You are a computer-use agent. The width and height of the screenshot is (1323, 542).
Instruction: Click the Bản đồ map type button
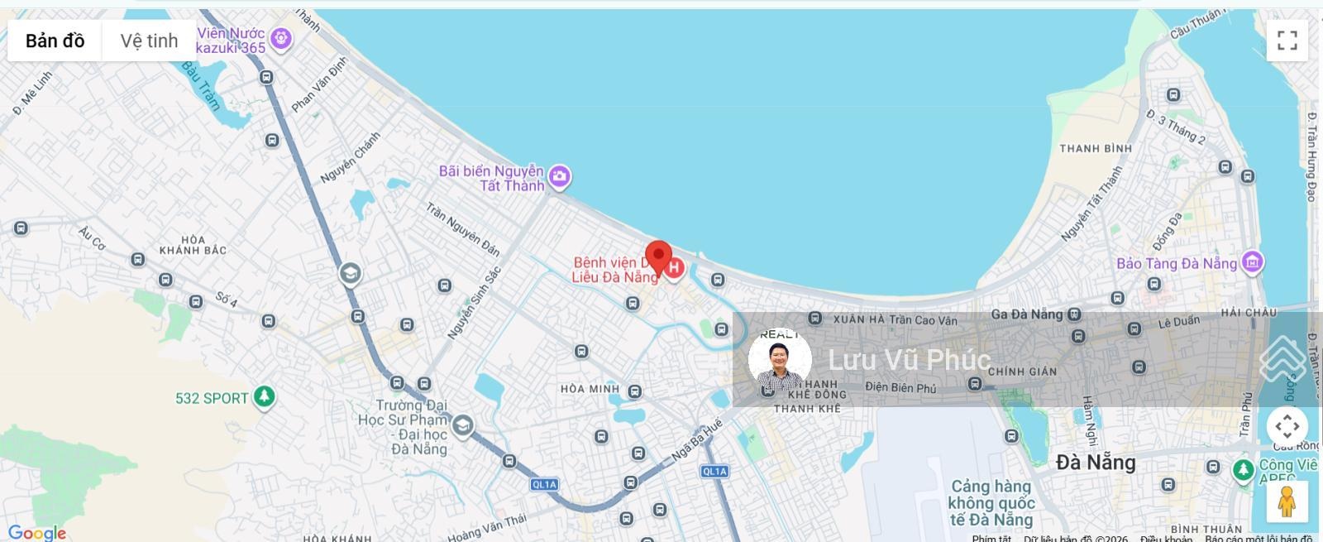[55, 41]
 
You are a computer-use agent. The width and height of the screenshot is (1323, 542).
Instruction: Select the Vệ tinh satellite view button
[149, 41]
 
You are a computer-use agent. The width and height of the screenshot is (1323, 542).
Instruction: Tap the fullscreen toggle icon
[1287, 41]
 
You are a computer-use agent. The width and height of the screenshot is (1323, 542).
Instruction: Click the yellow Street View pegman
[1286, 501]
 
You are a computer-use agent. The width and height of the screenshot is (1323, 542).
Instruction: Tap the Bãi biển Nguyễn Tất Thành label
[491, 178]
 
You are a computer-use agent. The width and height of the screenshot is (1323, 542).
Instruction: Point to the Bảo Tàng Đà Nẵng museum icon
[1252, 262]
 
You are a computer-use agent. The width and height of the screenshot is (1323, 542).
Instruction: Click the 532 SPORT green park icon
[264, 397]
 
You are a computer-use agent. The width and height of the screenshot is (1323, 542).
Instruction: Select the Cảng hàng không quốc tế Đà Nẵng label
[991, 503]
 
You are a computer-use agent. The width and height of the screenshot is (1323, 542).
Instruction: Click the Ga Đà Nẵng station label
[1026, 314]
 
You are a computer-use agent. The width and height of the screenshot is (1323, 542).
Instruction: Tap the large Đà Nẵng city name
[1096, 463]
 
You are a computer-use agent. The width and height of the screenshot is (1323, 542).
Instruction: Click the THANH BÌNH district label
[1096, 149]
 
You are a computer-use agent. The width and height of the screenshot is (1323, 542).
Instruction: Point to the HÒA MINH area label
[590, 389]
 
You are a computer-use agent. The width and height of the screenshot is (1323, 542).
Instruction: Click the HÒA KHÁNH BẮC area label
[193, 245]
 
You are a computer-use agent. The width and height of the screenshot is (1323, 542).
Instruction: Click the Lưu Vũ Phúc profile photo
[779, 360]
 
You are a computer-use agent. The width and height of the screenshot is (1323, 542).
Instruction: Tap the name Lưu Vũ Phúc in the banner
[909, 360]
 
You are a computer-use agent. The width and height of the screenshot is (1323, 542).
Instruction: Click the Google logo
[36, 533]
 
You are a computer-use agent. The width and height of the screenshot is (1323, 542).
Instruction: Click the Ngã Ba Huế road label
[696, 440]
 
